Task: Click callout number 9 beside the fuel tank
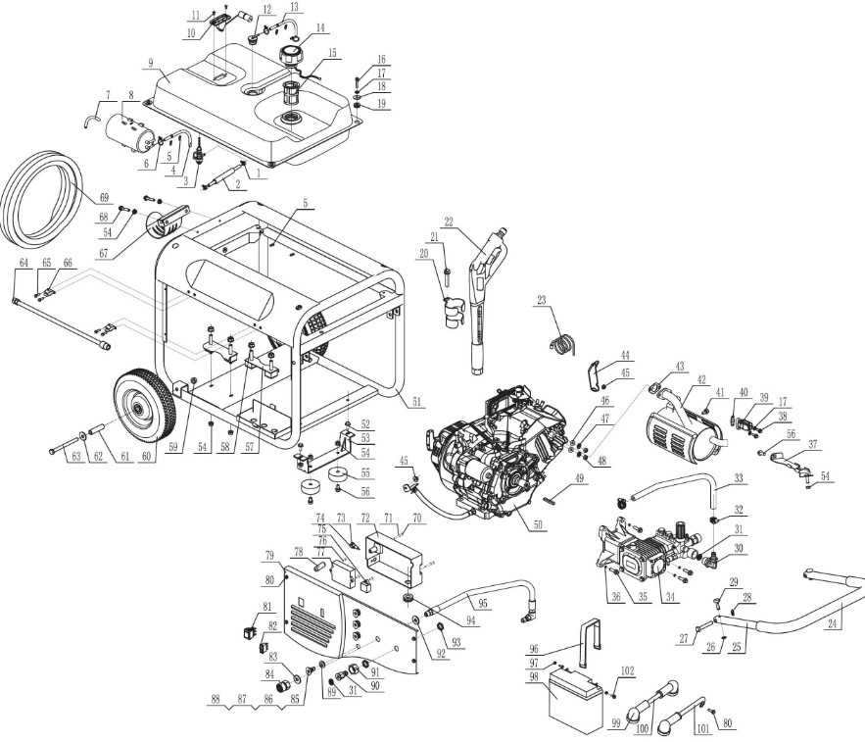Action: [150, 63]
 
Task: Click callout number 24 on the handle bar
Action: [834, 621]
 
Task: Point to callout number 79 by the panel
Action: [268, 555]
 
